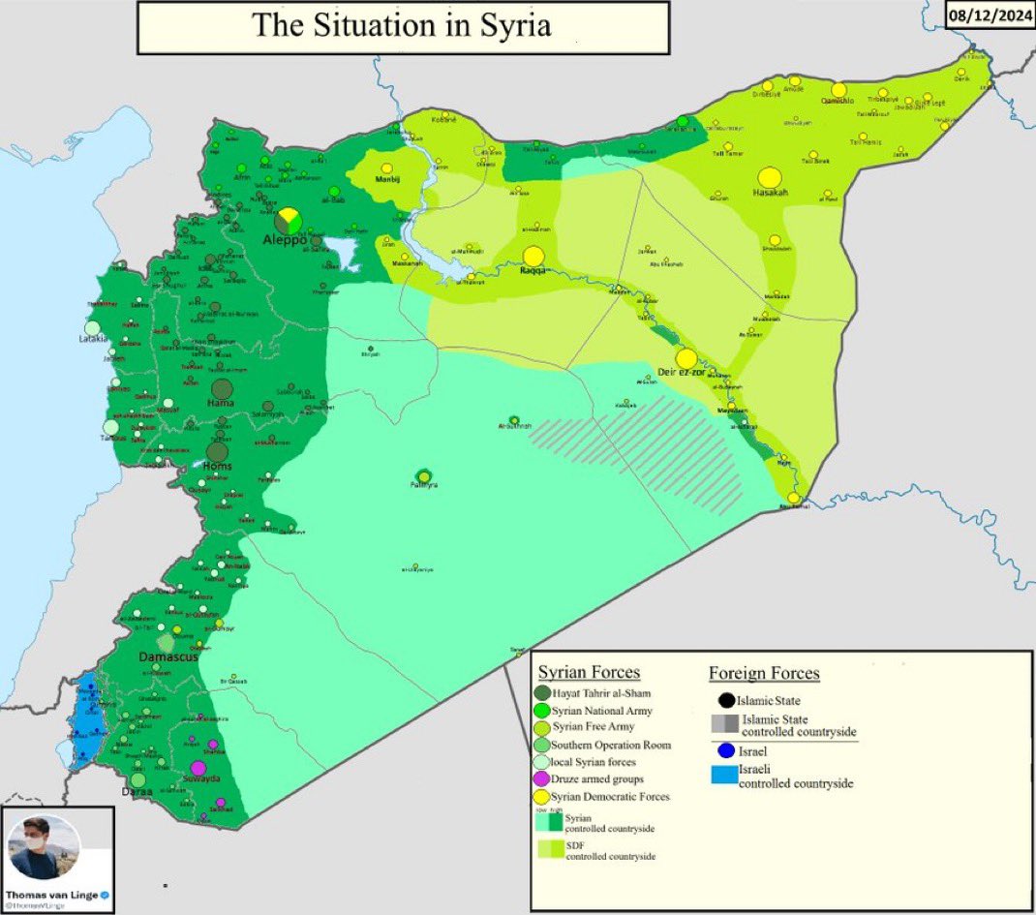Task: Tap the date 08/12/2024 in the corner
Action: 990,16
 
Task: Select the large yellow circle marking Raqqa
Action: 533,257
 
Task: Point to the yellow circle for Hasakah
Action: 770,177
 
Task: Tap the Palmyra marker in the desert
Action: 423,475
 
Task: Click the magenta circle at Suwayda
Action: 198,768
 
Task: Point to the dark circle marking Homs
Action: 218,452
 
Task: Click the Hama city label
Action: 221,402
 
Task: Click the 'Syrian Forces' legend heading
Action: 589,672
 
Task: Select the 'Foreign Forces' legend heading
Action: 764,672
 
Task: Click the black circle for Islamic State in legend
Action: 725,700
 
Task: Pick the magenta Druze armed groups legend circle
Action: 542,779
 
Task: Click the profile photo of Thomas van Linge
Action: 44,847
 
